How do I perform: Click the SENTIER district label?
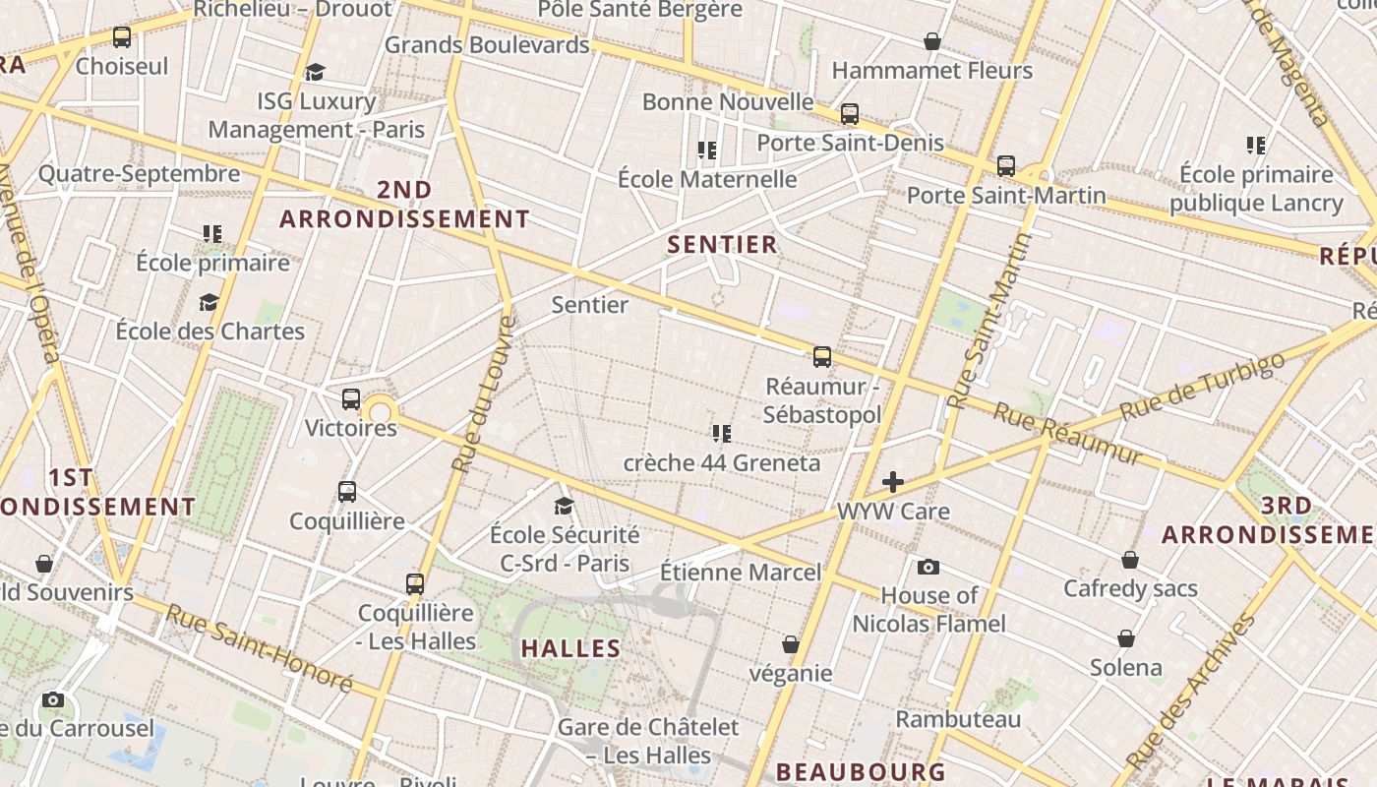(723, 244)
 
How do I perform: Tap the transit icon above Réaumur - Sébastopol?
(822, 357)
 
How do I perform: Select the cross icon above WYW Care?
(893, 482)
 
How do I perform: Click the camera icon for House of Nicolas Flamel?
(928, 567)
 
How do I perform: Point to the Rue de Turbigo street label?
(1202, 386)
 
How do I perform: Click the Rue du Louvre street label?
(483, 393)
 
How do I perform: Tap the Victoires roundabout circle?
(381, 409)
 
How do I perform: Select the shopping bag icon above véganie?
(790, 644)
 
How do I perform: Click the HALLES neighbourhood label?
(570, 648)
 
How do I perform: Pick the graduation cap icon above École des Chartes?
(209, 302)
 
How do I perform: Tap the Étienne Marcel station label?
(740, 572)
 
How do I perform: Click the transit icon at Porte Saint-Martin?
(1005, 166)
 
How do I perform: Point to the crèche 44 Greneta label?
(722, 462)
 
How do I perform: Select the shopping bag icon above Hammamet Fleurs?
(931, 41)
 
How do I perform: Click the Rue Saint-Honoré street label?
(259, 647)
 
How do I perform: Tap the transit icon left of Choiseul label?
(122, 37)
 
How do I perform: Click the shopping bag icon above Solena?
(1126, 639)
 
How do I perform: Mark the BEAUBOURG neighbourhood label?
(861, 771)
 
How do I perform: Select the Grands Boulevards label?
(487, 44)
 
